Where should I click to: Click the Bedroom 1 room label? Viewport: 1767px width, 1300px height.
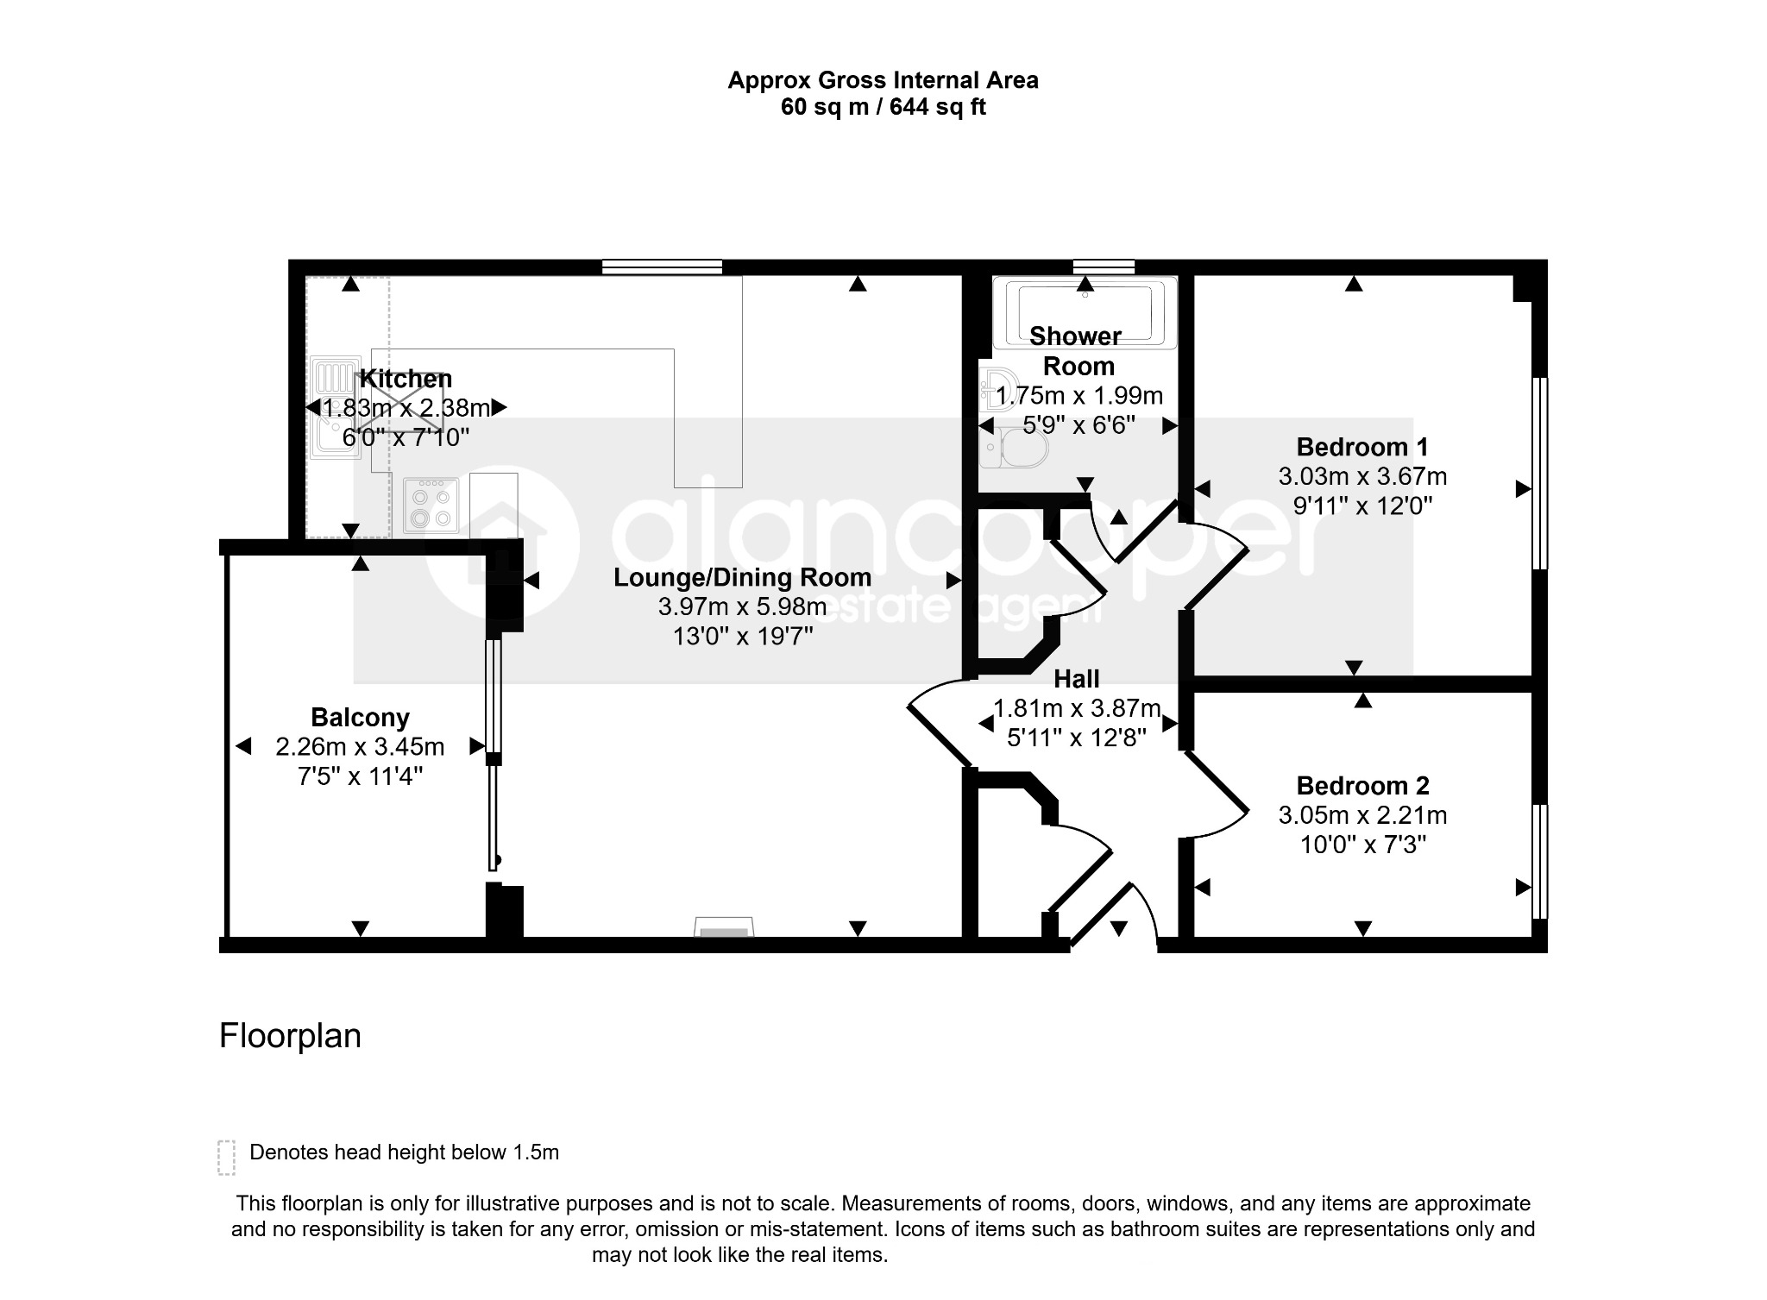(x=1362, y=447)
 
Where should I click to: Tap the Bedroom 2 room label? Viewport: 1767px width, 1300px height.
(x=1362, y=786)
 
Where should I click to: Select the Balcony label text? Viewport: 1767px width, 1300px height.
(x=360, y=718)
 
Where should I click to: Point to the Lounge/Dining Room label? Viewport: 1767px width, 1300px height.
(x=742, y=578)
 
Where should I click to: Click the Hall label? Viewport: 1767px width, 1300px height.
(x=1077, y=680)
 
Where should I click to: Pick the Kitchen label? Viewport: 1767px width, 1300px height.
(x=406, y=379)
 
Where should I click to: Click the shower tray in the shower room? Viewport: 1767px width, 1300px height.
(x=1085, y=312)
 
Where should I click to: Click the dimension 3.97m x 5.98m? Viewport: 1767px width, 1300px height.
(x=742, y=607)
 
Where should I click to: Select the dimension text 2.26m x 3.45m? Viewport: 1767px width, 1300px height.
(x=360, y=746)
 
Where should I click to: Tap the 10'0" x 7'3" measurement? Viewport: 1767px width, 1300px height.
(x=1363, y=845)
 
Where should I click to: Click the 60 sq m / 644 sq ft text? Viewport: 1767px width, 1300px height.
(x=883, y=107)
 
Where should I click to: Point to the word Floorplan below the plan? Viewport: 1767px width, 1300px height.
(x=290, y=1036)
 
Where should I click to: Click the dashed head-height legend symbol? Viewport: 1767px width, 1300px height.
(x=226, y=1158)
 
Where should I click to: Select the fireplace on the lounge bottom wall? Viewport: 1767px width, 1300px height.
(x=724, y=927)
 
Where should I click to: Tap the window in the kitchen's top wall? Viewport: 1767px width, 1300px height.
(x=662, y=267)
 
